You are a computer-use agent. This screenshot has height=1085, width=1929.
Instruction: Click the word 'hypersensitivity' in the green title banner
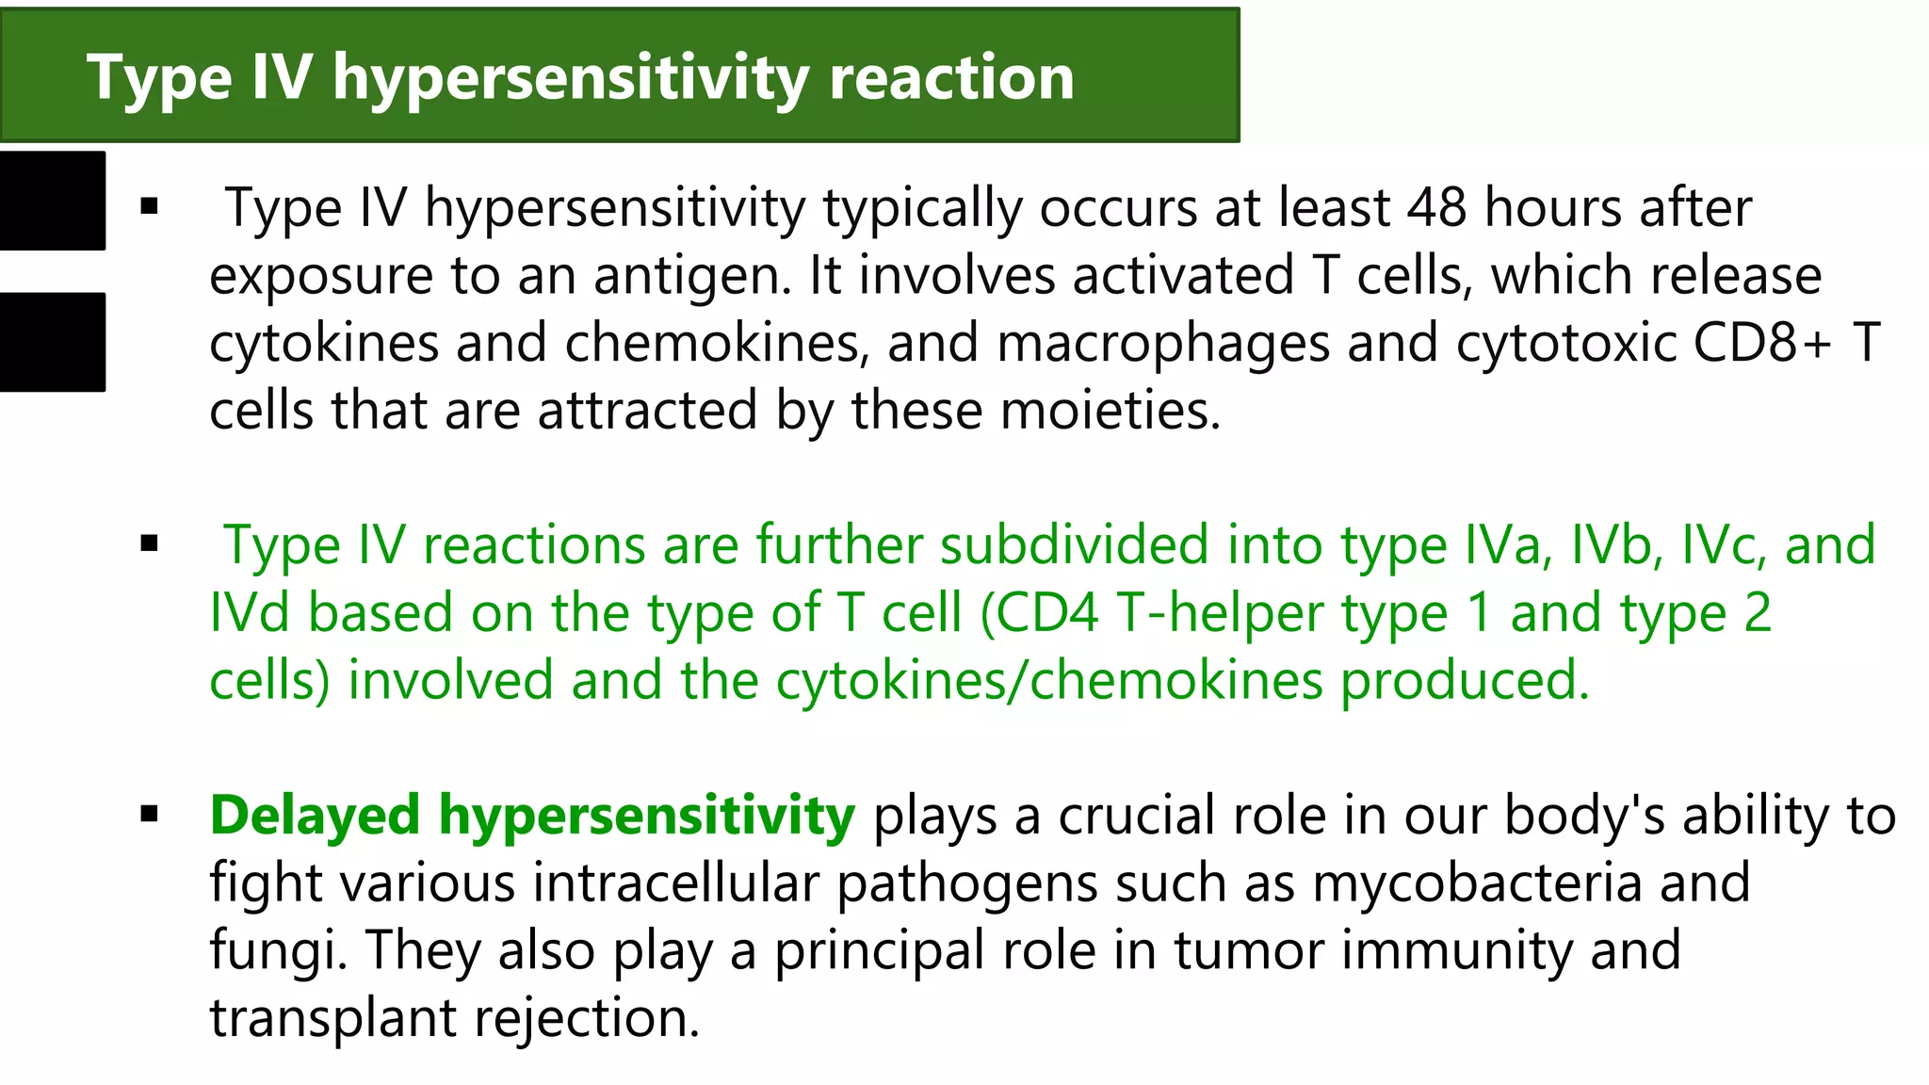(570, 78)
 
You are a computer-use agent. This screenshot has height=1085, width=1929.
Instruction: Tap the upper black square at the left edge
(52, 201)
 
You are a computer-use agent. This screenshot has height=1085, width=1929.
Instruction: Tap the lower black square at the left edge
(52, 342)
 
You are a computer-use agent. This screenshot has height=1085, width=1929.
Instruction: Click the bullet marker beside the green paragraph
(149, 543)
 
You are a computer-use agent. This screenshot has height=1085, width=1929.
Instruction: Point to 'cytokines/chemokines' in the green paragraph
(1049, 682)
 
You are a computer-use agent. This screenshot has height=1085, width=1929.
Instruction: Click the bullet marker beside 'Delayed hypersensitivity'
(149, 815)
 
